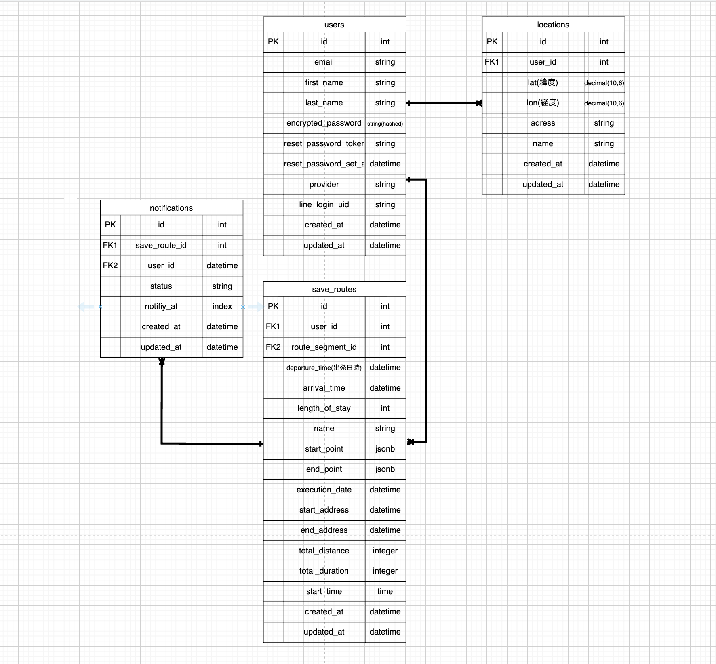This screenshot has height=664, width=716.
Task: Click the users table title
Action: point(334,25)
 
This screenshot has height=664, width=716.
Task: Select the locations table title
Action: point(553,25)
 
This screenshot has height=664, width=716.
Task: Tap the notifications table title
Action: point(171,208)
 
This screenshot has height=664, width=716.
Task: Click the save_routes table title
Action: point(334,289)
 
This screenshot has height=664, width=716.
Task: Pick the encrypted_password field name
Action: point(324,123)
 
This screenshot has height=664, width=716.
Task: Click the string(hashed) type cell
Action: point(385,124)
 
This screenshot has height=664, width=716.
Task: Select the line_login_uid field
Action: point(324,204)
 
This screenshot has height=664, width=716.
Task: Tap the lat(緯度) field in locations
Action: point(543,82)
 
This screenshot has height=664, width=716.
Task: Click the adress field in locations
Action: point(543,123)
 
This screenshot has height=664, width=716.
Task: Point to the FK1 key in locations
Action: point(492,62)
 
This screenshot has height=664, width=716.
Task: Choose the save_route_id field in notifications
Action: point(161,245)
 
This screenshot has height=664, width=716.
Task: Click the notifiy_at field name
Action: point(161,306)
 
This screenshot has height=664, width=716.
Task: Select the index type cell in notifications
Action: point(222,306)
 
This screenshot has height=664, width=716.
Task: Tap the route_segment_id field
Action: point(324,347)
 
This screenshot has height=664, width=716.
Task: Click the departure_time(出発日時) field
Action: point(324,368)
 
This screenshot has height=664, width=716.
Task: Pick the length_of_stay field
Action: point(324,408)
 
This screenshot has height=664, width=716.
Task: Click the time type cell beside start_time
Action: point(385,591)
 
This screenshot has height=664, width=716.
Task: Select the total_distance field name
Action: point(324,551)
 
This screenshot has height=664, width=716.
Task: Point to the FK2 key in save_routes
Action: point(273,347)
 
